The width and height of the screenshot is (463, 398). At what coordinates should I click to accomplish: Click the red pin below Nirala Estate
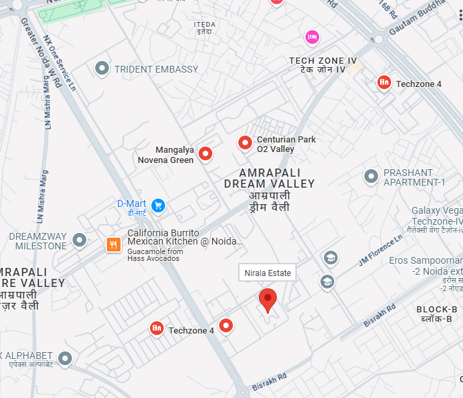pyautogui.click(x=268, y=300)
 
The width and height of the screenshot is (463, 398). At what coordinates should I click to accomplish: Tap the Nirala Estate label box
pyautogui.click(x=268, y=273)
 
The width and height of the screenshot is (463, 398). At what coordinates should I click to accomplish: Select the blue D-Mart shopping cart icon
pyautogui.click(x=158, y=205)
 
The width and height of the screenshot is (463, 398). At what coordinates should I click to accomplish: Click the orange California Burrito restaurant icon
pyautogui.click(x=114, y=245)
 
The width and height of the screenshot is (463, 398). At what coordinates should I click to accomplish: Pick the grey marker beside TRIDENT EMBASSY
pyautogui.click(x=102, y=69)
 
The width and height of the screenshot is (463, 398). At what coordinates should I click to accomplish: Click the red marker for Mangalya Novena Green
pyautogui.click(x=205, y=155)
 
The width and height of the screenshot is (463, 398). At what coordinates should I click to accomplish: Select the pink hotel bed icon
pyautogui.click(x=312, y=36)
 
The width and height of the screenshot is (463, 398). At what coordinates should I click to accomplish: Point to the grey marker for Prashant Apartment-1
pyautogui.click(x=371, y=177)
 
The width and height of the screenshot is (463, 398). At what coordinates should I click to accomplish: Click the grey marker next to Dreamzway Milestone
pyautogui.click(x=79, y=240)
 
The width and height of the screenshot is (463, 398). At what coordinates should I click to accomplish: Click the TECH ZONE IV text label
pyautogui.click(x=323, y=61)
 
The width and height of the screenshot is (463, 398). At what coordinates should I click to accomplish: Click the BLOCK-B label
pyautogui.click(x=436, y=310)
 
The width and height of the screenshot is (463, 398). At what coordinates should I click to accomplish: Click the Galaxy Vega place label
pyautogui.click(x=437, y=210)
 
